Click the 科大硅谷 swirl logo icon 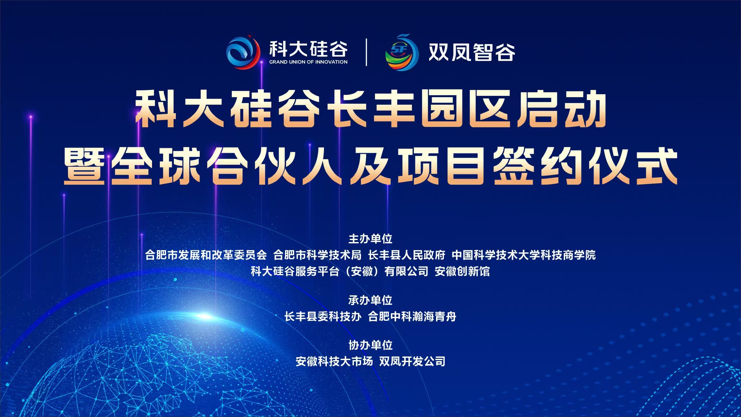243,52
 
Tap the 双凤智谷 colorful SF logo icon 402,52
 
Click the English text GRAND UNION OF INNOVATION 308,62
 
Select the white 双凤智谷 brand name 471,52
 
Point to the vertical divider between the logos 366,52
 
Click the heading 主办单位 370,239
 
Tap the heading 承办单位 370,300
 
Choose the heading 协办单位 370,345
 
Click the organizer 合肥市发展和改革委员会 206,255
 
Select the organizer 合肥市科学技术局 317,255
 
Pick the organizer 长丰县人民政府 407,255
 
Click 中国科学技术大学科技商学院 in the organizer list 524,255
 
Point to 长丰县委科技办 323,317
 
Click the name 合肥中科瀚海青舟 412,317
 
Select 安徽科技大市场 334,361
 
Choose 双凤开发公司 412,361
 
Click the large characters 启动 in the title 562,109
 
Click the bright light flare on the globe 205,316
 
